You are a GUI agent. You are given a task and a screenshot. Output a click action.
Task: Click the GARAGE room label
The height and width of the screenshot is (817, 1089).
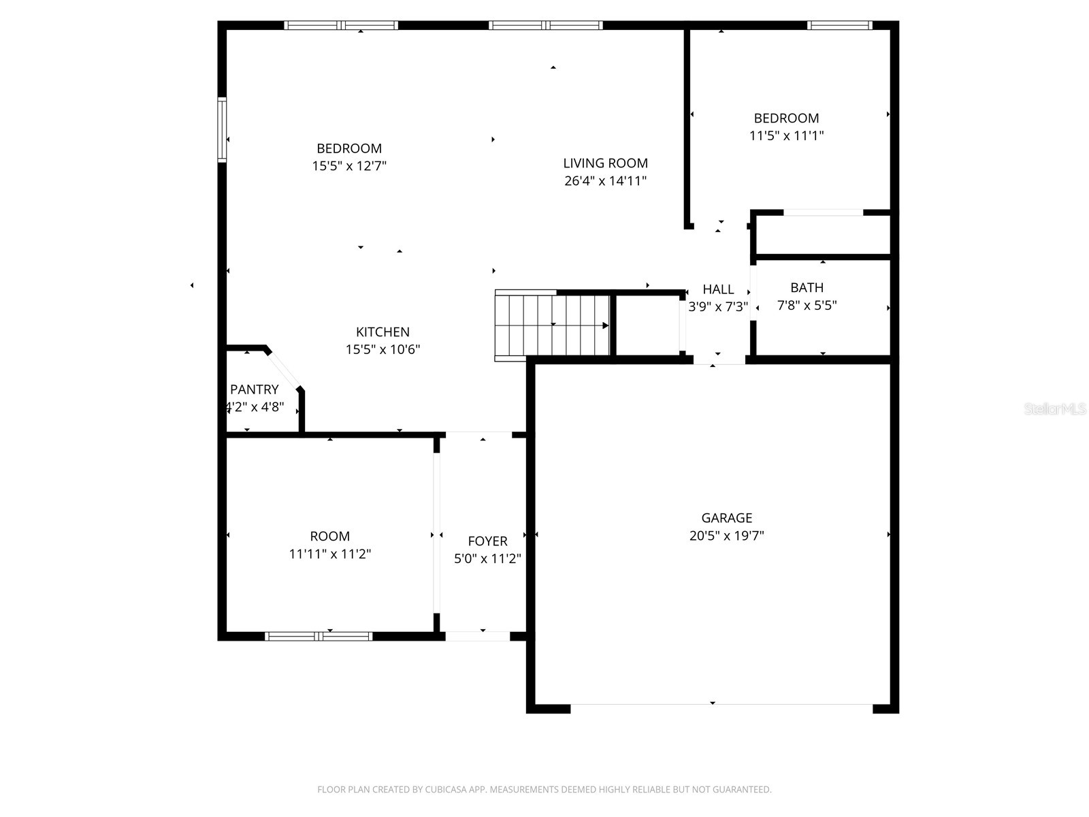726,518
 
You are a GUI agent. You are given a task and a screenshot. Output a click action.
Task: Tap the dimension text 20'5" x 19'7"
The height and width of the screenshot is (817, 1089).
726,536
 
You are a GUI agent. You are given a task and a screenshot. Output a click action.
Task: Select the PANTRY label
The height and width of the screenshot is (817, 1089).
254,389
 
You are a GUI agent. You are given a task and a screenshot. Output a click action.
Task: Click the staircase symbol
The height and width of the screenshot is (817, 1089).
552,325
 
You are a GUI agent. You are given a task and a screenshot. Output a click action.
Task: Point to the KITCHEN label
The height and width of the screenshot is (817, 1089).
383,332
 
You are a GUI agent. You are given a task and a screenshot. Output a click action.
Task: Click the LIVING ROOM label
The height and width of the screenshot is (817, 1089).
605,163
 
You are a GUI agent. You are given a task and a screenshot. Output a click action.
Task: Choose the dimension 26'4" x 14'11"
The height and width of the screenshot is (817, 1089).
605,181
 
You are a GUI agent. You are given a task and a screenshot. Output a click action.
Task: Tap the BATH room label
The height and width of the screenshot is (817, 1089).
807,288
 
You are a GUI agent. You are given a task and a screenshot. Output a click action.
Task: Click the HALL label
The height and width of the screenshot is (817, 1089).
718,289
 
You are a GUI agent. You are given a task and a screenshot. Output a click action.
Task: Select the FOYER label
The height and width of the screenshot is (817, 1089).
487,541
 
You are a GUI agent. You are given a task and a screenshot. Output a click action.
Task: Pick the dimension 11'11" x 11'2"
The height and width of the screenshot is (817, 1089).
329,554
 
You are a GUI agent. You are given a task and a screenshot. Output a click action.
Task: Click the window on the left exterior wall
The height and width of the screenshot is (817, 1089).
222,130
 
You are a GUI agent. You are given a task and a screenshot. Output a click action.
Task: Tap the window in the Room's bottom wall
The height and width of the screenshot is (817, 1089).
319,637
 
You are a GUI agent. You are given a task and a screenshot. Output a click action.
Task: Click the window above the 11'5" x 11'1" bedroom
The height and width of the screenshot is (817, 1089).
839,26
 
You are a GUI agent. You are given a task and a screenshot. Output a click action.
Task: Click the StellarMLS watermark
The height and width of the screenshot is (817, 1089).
1055,409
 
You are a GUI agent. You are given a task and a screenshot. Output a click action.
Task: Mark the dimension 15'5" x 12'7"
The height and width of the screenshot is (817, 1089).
349,166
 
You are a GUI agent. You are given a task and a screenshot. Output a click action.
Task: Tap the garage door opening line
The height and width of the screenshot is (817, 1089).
721,704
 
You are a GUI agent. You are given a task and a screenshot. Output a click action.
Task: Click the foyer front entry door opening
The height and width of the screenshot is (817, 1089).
478,637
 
